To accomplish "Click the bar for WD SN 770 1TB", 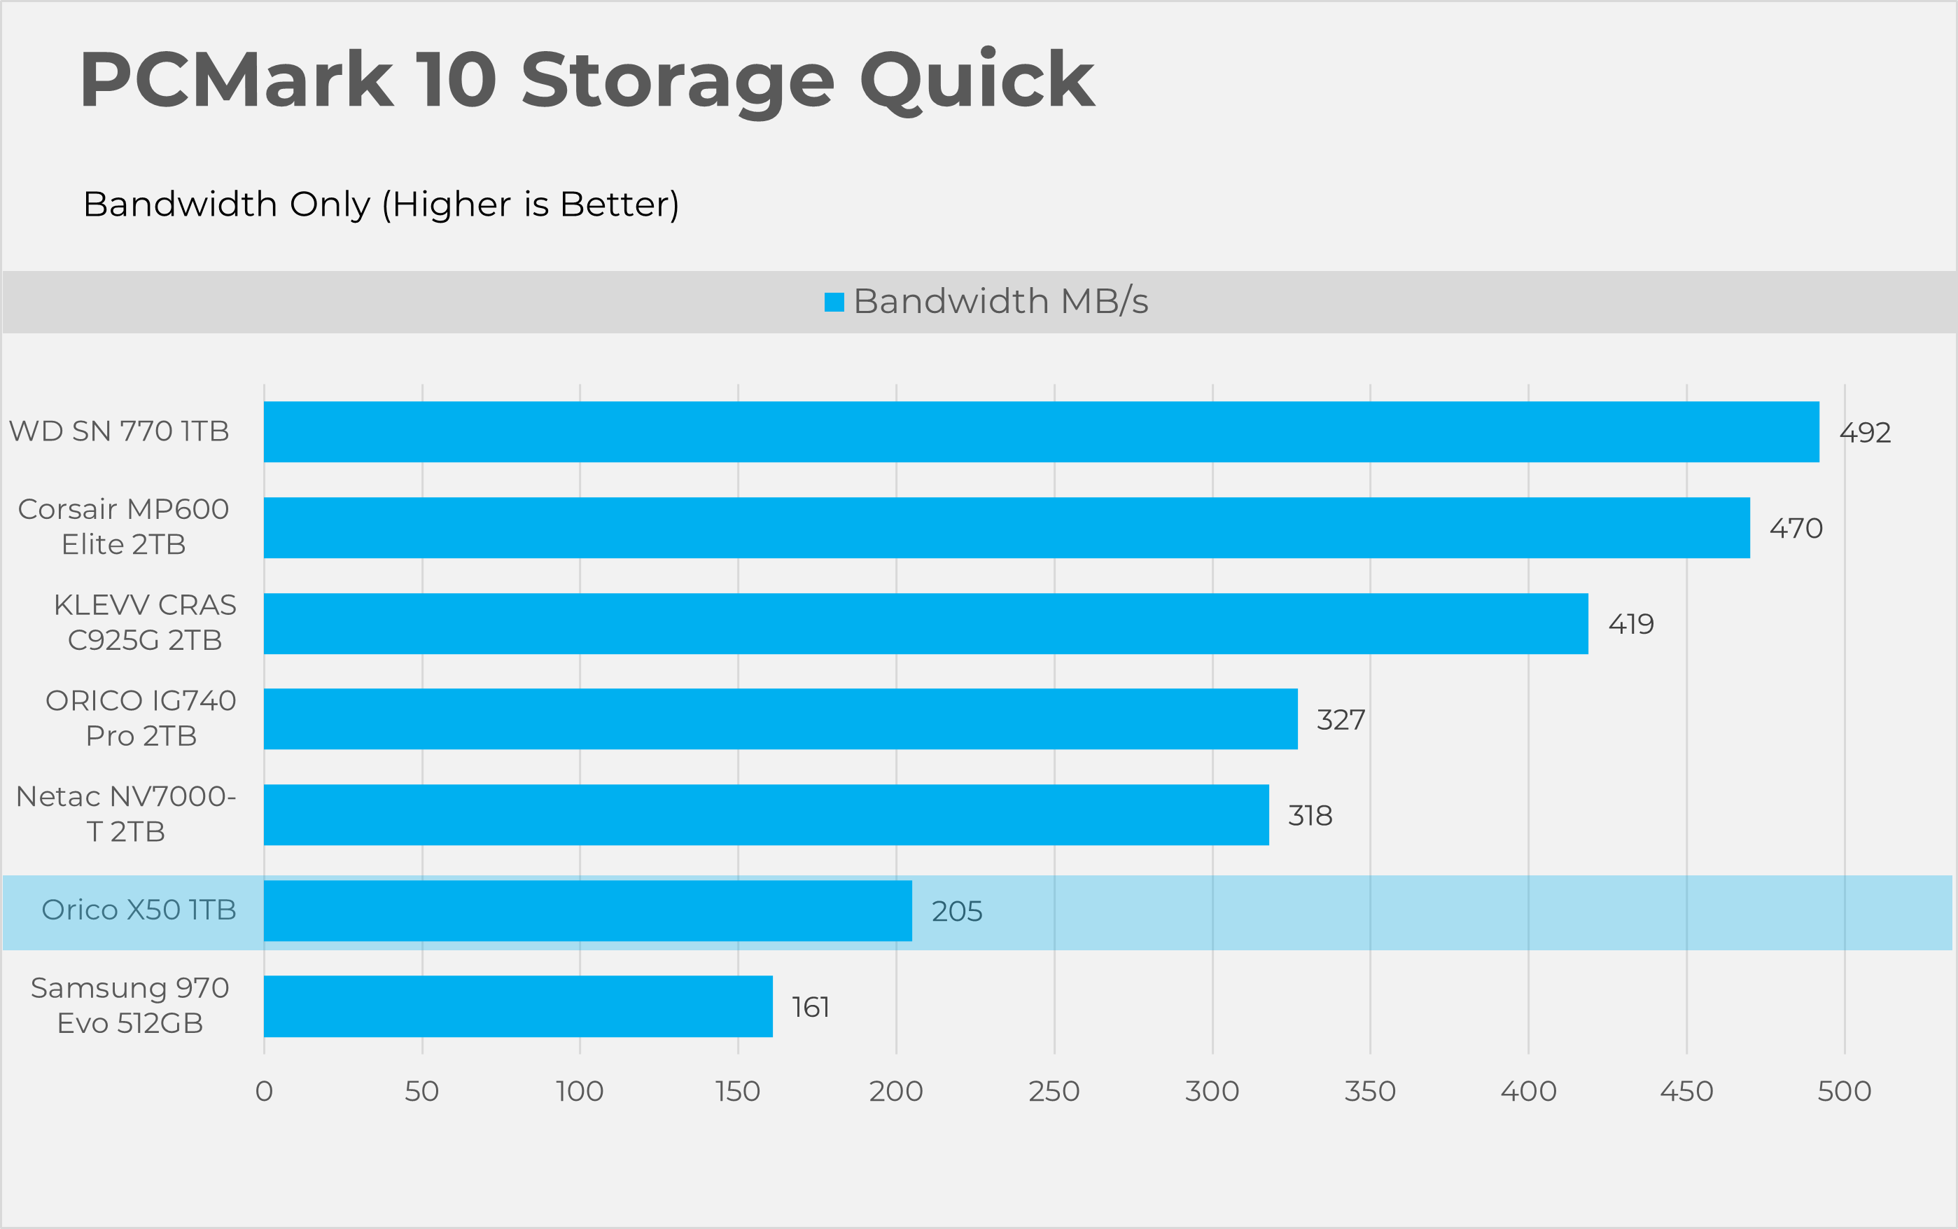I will point(1041,431).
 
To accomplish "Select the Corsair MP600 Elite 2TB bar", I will point(1007,527).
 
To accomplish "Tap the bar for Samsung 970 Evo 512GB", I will point(518,1006).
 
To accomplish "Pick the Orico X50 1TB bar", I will point(587,910).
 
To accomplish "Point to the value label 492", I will point(1866,433).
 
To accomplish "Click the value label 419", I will point(1630,624).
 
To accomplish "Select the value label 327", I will point(1341,719).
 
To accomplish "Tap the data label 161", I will point(810,1007).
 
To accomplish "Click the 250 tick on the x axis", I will point(1054,1091).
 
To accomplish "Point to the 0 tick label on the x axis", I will point(264,1091).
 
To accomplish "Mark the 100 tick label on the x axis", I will point(579,1091).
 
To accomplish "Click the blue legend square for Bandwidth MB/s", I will point(834,302).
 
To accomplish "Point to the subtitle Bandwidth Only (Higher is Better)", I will point(381,204).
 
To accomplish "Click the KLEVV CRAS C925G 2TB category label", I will point(145,623).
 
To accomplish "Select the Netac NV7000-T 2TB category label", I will point(126,814).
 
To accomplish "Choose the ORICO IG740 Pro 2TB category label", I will point(141,718).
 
